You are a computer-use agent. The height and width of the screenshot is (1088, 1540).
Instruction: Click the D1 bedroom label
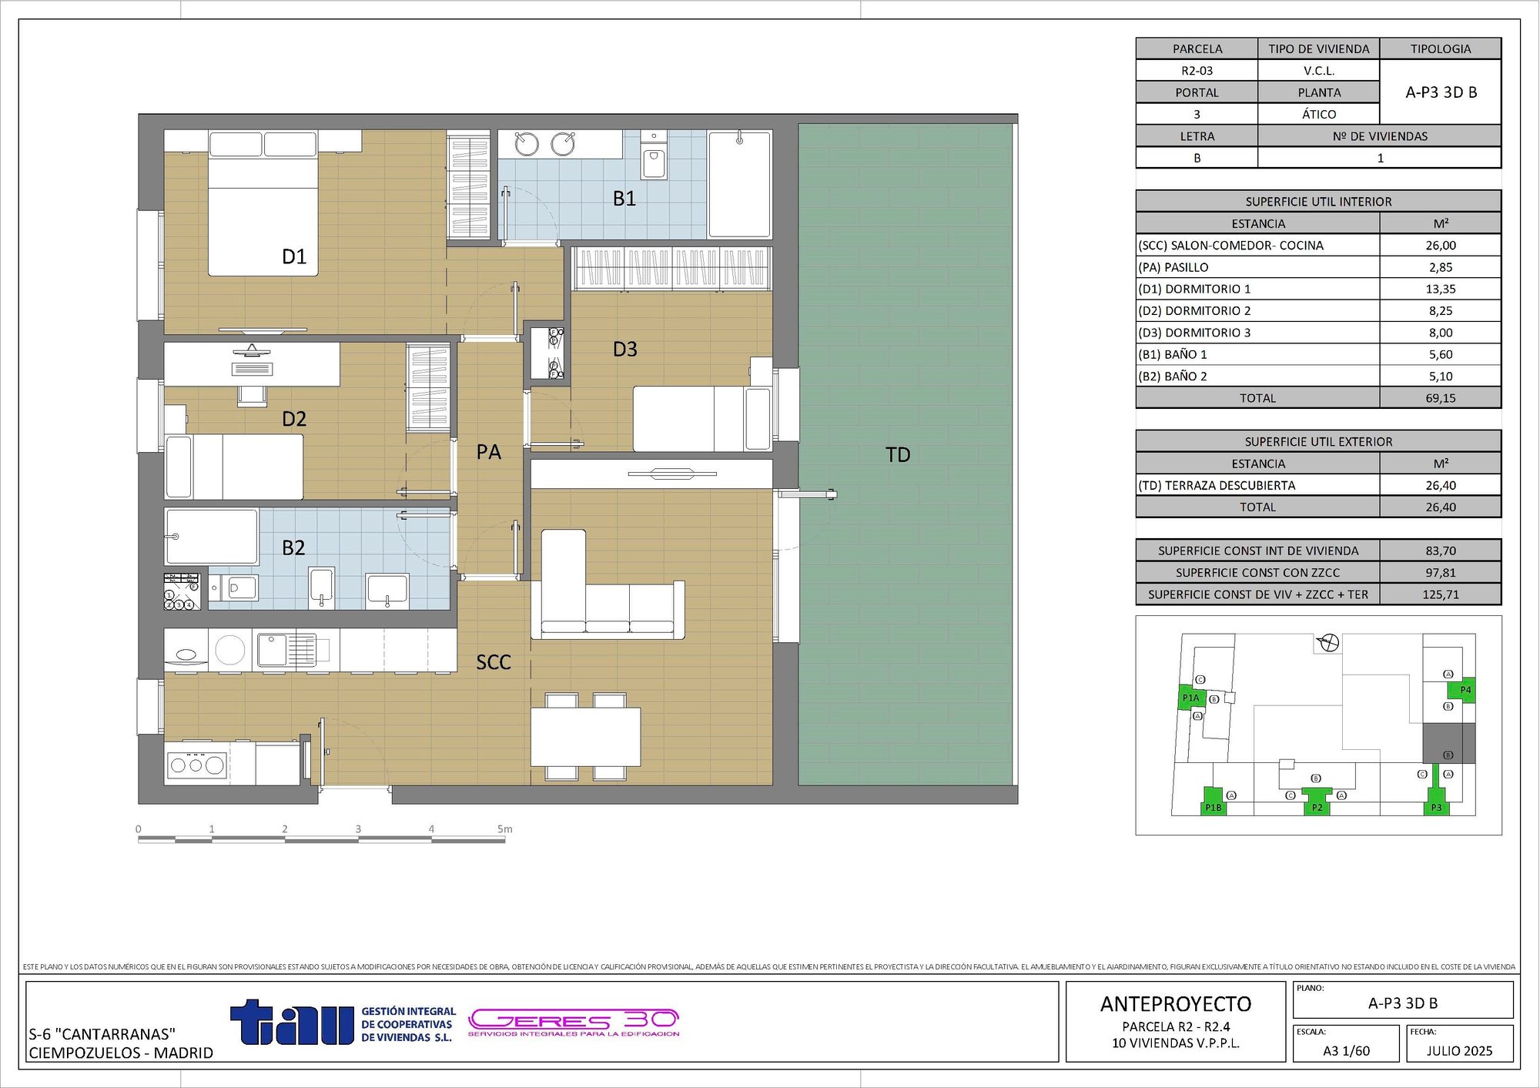[x=294, y=256]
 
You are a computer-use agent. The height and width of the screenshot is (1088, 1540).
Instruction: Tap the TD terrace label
[x=898, y=454]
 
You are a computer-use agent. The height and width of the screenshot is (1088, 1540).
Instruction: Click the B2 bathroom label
[x=293, y=547]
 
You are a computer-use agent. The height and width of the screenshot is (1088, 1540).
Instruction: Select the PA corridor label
[x=488, y=452]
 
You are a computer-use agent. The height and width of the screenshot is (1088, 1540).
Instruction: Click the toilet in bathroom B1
[x=654, y=162]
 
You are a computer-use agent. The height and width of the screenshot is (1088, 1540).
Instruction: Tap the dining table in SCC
[x=585, y=736]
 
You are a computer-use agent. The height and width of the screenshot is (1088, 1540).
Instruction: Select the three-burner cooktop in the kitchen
[x=196, y=765]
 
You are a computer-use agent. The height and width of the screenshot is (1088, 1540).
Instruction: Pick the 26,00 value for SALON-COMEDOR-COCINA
[x=1440, y=246]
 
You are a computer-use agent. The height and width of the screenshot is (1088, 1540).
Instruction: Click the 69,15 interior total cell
[x=1440, y=398]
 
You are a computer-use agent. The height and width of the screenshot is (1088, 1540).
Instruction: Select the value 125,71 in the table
[x=1440, y=594]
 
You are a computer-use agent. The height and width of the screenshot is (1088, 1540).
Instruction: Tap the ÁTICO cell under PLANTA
[x=1318, y=114]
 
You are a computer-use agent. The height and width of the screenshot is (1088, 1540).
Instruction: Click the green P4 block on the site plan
[x=1465, y=690]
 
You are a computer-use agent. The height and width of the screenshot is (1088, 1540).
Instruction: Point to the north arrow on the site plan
[x=1330, y=642]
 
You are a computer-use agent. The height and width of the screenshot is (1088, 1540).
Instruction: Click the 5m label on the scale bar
[x=504, y=829]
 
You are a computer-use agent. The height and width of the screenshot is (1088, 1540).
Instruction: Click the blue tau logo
[x=293, y=1023]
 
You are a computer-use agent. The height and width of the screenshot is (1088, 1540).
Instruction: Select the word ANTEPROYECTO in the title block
[x=1176, y=1004]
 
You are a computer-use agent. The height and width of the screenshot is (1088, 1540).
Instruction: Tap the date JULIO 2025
[x=1459, y=1051]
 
